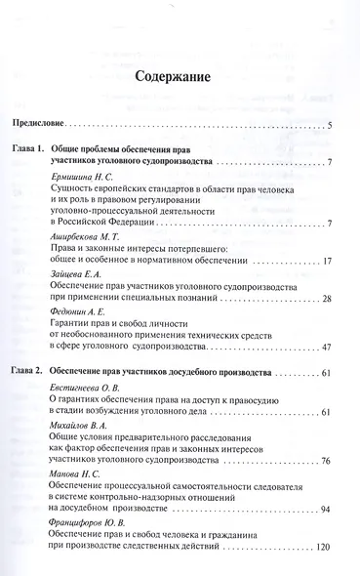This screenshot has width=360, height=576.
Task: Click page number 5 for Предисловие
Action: click(332, 126)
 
